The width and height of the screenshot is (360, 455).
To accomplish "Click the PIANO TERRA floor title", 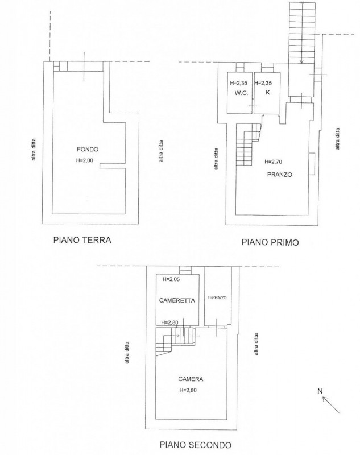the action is click(82, 240).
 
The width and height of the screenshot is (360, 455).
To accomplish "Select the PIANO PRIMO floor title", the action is click(270, 242).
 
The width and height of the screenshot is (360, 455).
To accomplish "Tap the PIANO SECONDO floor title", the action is click(196, 445).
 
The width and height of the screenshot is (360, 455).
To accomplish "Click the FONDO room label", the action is click(88, 150).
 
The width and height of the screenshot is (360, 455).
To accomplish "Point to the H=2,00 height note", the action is click(85, 160).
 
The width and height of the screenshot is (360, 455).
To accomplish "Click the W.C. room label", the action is click(241, 93).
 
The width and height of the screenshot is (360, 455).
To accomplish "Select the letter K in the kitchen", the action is click(267, 93).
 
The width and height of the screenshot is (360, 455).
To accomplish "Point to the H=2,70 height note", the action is click(273, 162).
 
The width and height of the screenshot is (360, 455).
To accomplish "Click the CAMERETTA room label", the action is click(177, 300).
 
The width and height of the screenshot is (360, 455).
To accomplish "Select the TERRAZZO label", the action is click(217, 297).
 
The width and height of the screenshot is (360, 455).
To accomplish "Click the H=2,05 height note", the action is click(171, 279).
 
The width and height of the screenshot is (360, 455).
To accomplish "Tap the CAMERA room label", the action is click(191, 379).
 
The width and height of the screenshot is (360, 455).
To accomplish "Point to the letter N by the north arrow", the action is click(320, 391).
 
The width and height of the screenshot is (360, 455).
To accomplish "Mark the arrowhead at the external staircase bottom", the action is click(301, 61).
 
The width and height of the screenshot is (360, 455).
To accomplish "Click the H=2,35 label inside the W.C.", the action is click(238, 83).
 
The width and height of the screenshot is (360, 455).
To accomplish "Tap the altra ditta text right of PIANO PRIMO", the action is click(337, 139).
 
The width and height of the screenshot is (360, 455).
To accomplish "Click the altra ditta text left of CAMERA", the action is click(126, 353).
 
